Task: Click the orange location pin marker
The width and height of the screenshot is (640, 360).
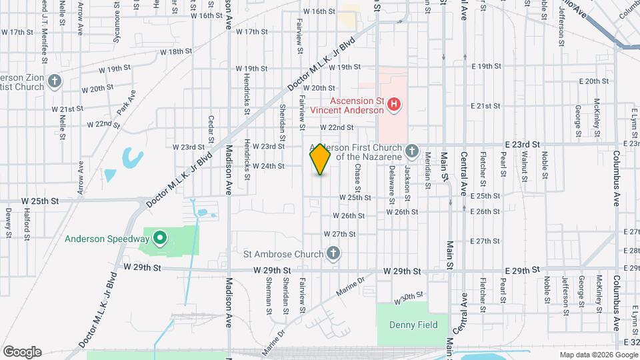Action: pos(320,159)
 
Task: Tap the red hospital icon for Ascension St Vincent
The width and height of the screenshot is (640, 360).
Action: pos(394,104)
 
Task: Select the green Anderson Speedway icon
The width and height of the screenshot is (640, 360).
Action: pos(159,237)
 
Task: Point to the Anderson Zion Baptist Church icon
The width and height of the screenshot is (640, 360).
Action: pos(55,81)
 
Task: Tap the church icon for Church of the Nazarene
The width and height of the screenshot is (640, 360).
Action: pos(411,151)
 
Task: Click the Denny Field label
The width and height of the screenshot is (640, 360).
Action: pos(413,325)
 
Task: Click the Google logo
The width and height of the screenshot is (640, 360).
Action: pos(22,351)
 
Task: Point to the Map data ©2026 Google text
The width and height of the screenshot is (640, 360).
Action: pos(597,355)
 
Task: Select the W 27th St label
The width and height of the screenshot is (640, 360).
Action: pos(340,234)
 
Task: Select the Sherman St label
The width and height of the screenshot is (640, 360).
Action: pos(269,296)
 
